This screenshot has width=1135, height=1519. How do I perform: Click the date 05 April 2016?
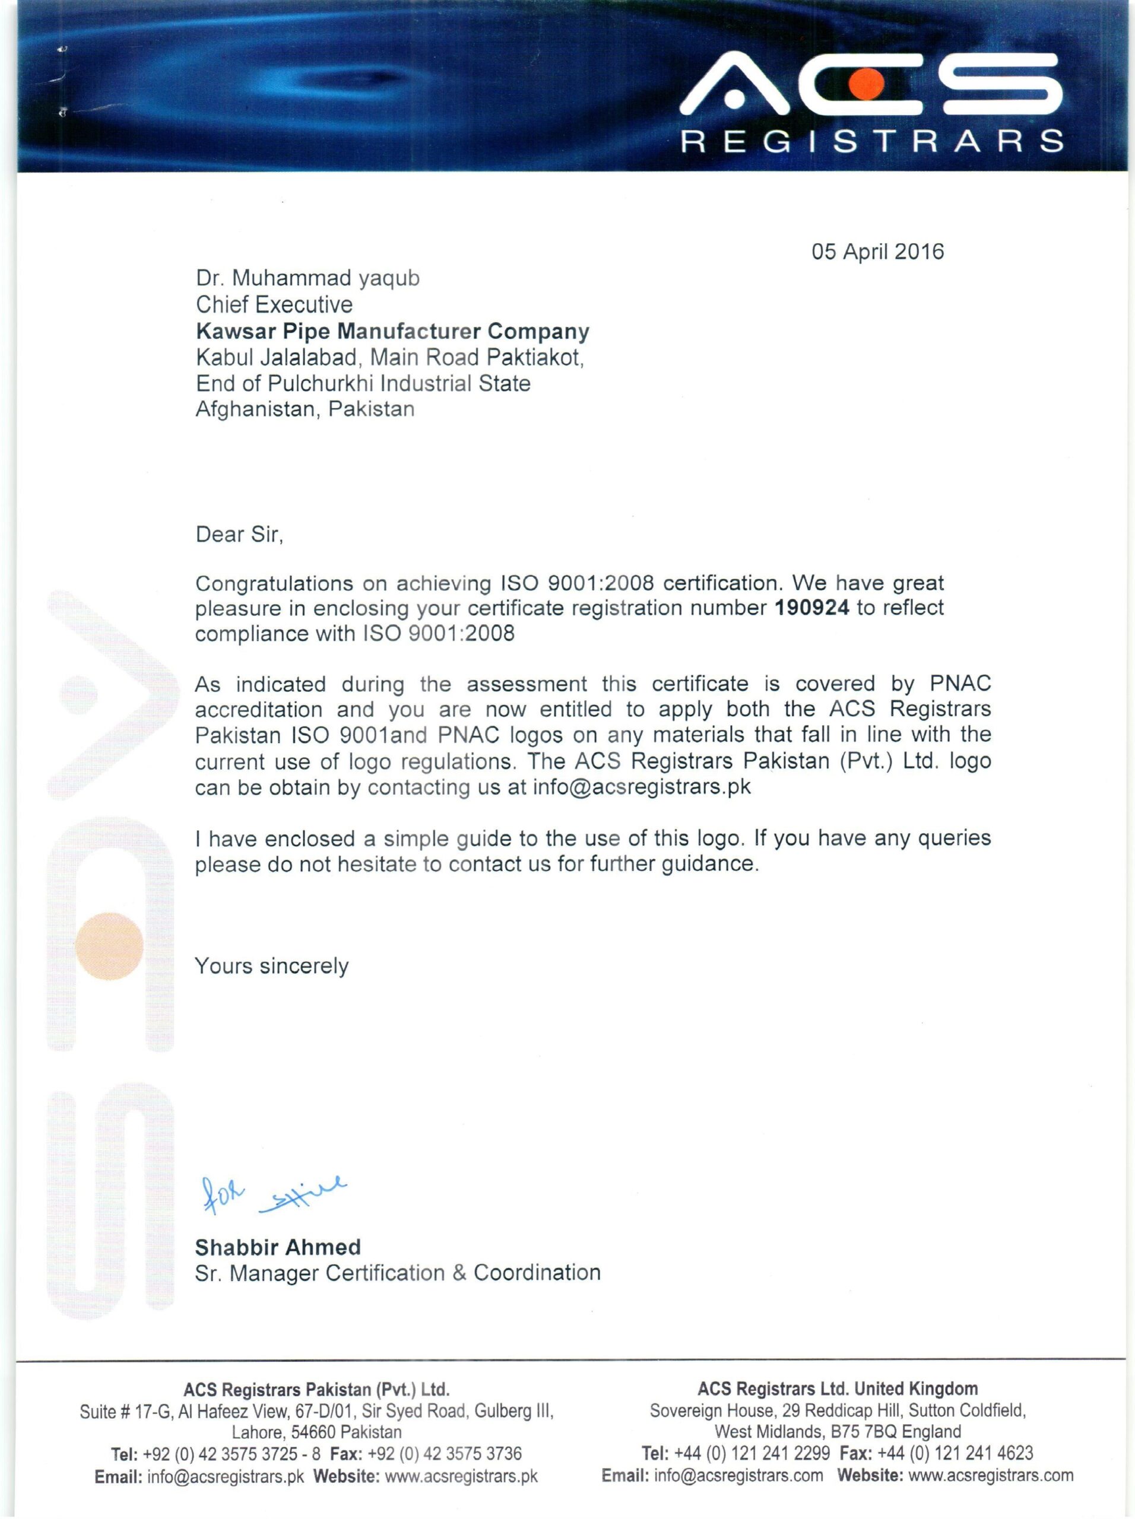(x=877, y=252)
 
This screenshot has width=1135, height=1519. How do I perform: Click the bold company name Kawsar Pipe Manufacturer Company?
(x=392, y=332)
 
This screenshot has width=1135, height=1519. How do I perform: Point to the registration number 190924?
(x=811, y=608)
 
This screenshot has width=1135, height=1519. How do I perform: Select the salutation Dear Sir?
(x=239, y=534)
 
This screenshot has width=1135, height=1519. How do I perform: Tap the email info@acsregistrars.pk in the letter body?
(x=642, y=787)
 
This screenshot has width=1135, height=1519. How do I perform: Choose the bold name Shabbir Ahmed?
(x=278, y=1247)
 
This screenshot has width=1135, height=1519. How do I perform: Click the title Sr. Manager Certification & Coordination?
(x=398, y=1273)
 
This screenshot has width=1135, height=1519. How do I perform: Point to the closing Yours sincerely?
(x=271, y=966)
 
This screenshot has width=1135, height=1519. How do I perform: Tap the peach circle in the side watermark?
(x=109, y=946)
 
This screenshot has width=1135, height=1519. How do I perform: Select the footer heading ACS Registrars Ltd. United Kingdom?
(x=838, y=1388)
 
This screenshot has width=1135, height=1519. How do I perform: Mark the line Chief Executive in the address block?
(x=274, y=304)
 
